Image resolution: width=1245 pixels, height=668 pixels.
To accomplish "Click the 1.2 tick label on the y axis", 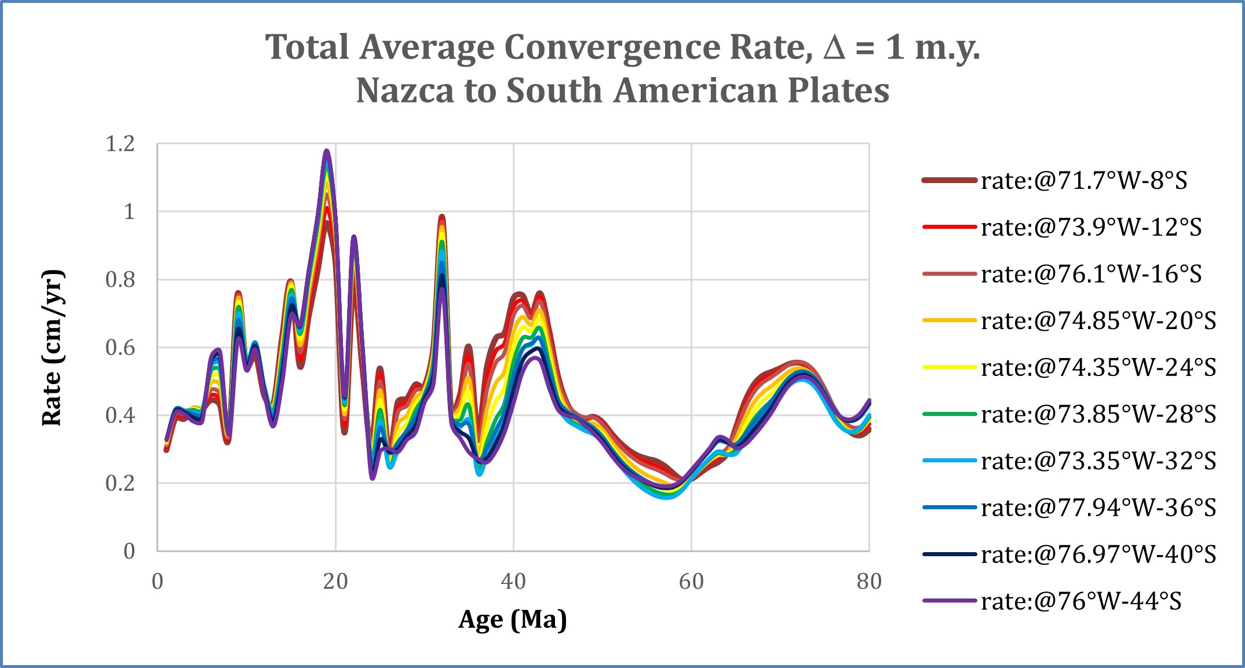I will [x=120, y=144].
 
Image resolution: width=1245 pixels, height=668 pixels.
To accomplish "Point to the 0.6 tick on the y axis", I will [x=120, y=348].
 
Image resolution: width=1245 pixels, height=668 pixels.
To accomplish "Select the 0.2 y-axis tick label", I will [x=120, y=483].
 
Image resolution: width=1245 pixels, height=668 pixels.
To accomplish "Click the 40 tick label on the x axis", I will [x=513, y=581].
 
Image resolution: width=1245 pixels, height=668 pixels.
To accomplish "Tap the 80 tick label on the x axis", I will [x=869, y=581].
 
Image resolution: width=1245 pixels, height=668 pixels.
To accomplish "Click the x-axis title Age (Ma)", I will [x=513, y=619].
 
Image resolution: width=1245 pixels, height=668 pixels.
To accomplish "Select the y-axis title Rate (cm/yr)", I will [x=52, y=348].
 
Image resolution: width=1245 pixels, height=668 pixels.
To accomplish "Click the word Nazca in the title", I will [x=405, y=91].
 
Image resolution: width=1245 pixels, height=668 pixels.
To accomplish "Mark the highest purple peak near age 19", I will [x=327, y=152].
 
